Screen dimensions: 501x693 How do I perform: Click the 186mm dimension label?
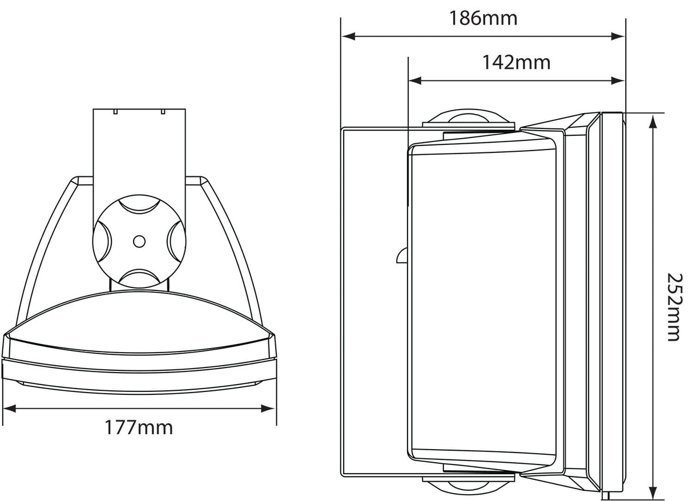coord(482,18)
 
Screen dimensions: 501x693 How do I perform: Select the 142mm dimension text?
coord(516,62)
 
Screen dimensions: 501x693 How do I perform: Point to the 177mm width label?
coord(138,427)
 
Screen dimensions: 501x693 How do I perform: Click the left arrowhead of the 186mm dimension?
coord(349,36)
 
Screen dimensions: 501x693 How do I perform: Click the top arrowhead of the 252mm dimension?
coord(651,120)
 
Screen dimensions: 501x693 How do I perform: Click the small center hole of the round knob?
coord(139,241)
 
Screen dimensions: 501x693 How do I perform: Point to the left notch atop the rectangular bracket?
coord(115,112)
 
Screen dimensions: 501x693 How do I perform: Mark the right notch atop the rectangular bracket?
coord(163,112)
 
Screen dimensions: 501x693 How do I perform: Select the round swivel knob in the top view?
coord(139,241)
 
